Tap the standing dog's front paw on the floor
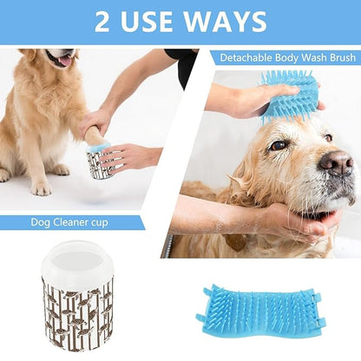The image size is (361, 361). [40, 186]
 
